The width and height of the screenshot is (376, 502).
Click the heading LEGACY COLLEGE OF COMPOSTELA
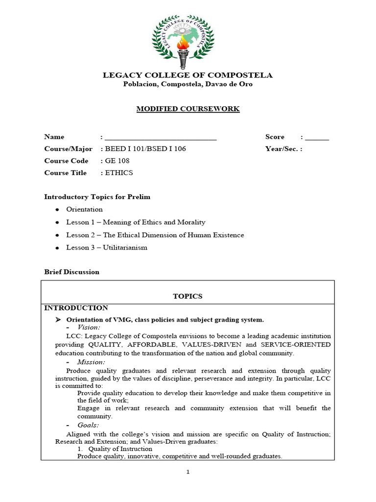point(188,75)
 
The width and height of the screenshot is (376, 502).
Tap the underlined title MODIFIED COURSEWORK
point(188,109)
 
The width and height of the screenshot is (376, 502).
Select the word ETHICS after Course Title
point(119,173)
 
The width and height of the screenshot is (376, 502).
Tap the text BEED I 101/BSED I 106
point(145,149)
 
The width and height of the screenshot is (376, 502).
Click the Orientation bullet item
point(84,209)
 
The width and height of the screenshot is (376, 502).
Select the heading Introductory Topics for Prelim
point(97,197)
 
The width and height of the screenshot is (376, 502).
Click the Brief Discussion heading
point(71,272)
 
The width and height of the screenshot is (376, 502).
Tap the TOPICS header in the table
point(188,296)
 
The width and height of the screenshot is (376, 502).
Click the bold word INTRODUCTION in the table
point(76,308)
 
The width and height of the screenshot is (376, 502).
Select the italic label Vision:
point(89,327)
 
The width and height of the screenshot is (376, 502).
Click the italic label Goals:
point(88,425)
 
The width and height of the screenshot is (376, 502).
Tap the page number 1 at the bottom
point(188,472)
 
